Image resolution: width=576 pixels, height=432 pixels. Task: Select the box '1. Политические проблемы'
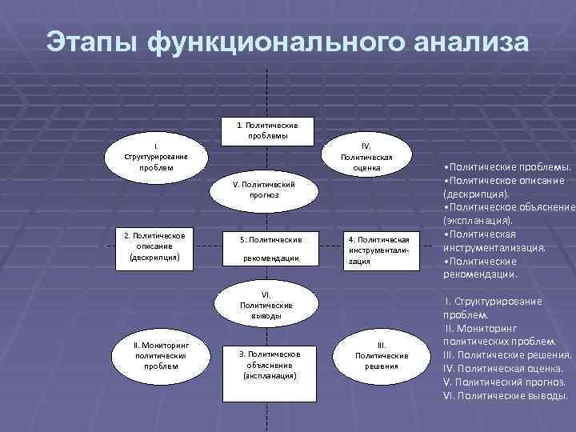point(268,131)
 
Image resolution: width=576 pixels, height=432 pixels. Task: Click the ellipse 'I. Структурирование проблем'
point(155,156)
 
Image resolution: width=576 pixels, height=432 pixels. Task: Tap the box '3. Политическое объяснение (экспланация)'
point(270,364)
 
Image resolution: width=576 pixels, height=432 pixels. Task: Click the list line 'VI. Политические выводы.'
point(505,395)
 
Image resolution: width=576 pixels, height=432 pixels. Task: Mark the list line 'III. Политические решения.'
point(507,355)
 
